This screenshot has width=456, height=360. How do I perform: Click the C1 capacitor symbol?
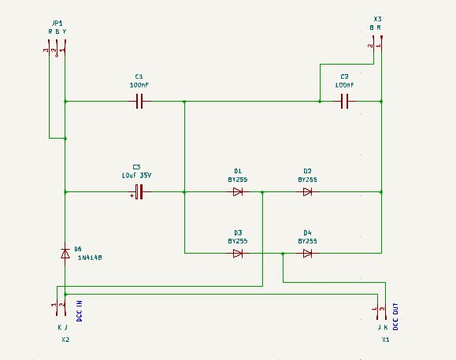point(139,101)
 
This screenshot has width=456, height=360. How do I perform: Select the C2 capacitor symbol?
point(345,101)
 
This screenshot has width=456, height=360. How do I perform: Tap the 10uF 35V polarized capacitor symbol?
point(139,192)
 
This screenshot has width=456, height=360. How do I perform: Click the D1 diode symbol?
point(238,192)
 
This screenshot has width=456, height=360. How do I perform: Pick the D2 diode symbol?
point(307,192)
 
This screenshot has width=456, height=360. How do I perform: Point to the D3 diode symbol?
point(238,254)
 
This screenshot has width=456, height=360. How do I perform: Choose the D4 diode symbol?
point(307,254)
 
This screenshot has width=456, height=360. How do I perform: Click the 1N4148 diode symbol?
point(65,254)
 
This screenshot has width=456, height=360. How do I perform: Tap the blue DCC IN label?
point(79,311)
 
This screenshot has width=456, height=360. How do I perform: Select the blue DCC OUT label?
point(395,317)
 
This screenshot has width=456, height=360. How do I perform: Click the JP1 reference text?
point(57,24)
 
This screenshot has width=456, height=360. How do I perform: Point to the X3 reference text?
point(377,19)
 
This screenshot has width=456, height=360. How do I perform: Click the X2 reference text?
point(65,340)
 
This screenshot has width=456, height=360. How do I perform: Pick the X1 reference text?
point(386,340)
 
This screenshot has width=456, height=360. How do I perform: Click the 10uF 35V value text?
point(136,176)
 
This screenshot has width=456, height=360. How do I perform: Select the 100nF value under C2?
point(345,85)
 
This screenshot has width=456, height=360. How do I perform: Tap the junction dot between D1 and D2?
point(262,192)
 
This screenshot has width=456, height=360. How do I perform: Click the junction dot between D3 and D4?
point(283,254)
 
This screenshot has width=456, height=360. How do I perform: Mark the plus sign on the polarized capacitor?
point(132,196)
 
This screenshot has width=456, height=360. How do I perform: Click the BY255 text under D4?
point(307,241)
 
